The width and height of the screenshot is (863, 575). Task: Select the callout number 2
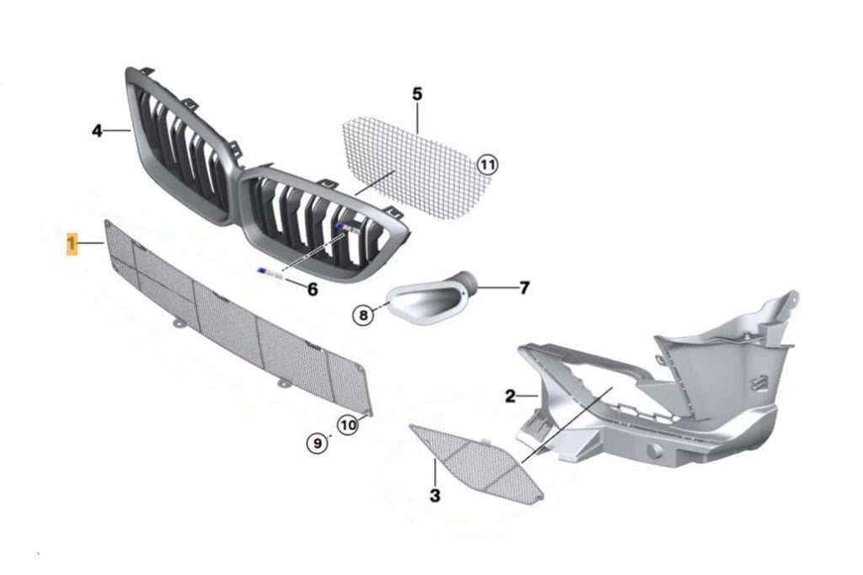(x=510, y=396)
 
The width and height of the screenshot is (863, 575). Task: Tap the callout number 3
(x=435, y=496)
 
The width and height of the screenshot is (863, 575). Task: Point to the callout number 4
(x=97, y=130)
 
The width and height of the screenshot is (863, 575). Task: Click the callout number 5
(x=417, y=93)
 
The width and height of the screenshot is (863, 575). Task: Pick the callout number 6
(x=313, y=290)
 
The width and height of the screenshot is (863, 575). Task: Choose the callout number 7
(x=524, y=288)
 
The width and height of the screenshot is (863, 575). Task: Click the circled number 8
(x=362, y=316)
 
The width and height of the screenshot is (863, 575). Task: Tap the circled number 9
(x=316, y=442)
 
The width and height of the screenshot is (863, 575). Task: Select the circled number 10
(x=348, y=425)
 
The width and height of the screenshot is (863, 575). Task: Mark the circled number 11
(x=487, y=165)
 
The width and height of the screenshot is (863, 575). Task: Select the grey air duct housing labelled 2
(x=674, y=396)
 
